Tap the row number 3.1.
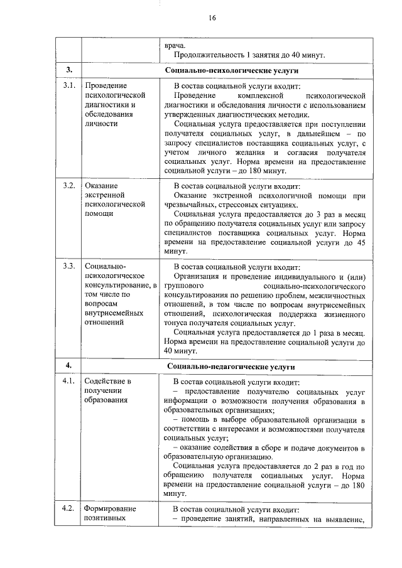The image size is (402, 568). (x=69, y=85)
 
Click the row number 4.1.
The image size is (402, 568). (x=69, y=381)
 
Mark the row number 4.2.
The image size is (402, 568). (x=69, y=508)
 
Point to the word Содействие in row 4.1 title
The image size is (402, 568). (x=104, y=381)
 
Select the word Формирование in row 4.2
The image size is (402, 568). (x=111, y=508)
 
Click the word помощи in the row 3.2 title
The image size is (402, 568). (x=99, y=213)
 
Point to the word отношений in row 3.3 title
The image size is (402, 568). (x=104, y=322)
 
